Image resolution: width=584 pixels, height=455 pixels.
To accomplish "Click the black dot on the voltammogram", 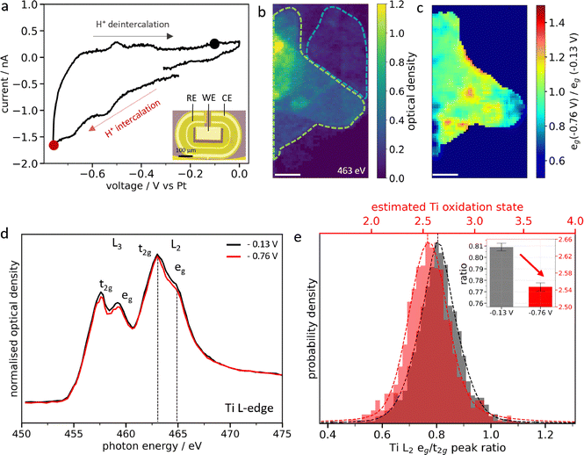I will (x=215, y=43).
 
